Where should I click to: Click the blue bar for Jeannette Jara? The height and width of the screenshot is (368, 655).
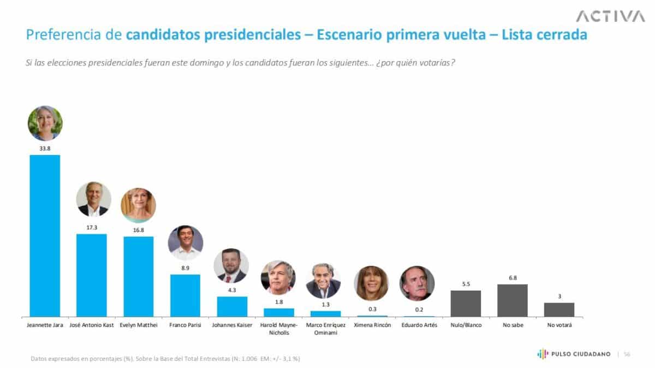pos(45,235)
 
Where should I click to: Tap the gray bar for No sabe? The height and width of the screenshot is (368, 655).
pos(513,300)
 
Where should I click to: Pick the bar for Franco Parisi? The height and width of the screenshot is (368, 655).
pos(185,295)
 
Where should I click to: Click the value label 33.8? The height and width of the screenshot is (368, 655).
pos(45,148)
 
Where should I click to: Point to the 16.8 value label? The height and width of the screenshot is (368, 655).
pos(138,230)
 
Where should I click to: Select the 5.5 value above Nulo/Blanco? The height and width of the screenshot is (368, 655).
pos(466,284)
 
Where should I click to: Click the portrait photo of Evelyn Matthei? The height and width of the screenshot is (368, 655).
pos(138,205)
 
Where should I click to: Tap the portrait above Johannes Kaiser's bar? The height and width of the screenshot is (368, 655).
pos(231,266)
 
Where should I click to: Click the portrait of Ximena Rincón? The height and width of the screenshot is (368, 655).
pos(371,283)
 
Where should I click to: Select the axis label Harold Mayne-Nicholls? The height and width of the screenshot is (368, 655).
pos(278,328)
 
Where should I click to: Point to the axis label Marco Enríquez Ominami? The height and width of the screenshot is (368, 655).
pos(325,328)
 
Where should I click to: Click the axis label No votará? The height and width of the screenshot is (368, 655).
pos(559,325)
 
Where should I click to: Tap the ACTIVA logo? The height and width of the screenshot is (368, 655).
pos(610,16)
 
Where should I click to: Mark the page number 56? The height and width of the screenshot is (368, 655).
pos(627,354)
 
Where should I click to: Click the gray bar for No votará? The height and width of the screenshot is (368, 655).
pos(559,310)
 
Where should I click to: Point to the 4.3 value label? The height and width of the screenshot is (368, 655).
pos(231,290)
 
